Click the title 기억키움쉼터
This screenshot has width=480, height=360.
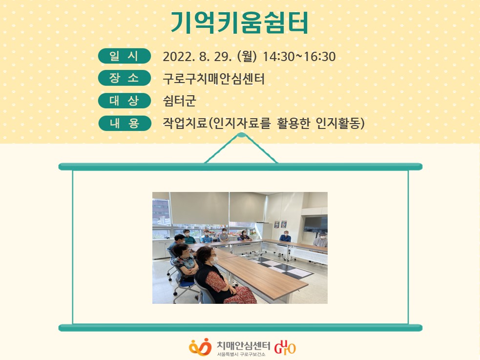pyautogui.click(x=239, y=22)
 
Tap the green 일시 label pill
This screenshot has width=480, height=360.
pyautogui.click(x=125, y=56)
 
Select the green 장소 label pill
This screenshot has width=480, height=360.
pyautogui.click(x=125, y=78)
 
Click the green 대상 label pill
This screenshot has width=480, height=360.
pyautogui.click(x=125, y=101)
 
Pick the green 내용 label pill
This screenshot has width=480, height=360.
pyautogui.click(x=125, y=123)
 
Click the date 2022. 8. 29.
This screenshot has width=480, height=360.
pyautogui.click(x=197, y=57)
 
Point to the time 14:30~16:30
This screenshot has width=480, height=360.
pyautogui.click(x=299, y=57)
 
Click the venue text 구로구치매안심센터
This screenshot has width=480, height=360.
pyautogui.click(x=213, y=79)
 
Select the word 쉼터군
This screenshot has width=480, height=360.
pyautogui.click(x=179, y=101)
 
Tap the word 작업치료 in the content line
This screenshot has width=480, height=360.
pyautogui.click(x=185, y=123)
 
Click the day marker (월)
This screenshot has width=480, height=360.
pyautogui.click(x=247, y=57)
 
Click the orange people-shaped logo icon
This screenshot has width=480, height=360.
pyautogui.click(x=200, y=347)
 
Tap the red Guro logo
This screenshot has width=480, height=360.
pyautogui.click(x=285, y=347)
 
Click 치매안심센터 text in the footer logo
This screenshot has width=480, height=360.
pyautogui.click(x=243, y=345)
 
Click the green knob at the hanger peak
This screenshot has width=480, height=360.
pyautogui.click(x=241, y=135)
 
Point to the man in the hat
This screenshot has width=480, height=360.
pyautogui.click(x=320, y=239)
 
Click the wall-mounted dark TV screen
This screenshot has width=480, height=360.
pyautogui.click(x=315, y=224)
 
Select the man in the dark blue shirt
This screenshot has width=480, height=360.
pyautogui.click(x=285, y=236)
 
